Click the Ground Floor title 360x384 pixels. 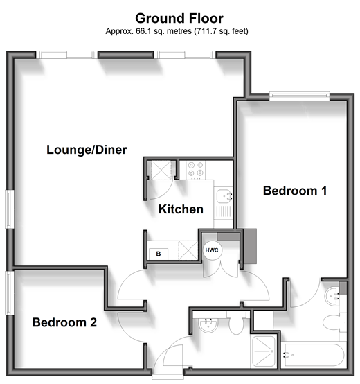coord(179,18)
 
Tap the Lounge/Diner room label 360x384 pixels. coord(87,150)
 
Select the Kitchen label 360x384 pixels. coord(181,209)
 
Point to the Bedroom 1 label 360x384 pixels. coord(295,191)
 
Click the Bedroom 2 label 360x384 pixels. coord(64,322)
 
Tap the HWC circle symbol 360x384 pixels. coord(212,250)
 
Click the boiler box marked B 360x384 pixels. coord(159,254)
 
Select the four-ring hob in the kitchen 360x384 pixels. coord(196,170)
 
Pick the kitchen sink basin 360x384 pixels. coord(224,196)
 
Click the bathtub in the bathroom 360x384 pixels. coord(314,355)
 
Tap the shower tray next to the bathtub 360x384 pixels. coord(264,351)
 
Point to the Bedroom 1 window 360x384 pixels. coord(299,96)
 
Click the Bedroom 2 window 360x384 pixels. coord(9,293)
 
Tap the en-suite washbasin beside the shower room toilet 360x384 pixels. coord(208,326)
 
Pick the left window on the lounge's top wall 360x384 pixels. coord(66,55)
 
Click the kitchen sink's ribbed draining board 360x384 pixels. coord(224,211)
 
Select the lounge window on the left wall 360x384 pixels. coord(9,209)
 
